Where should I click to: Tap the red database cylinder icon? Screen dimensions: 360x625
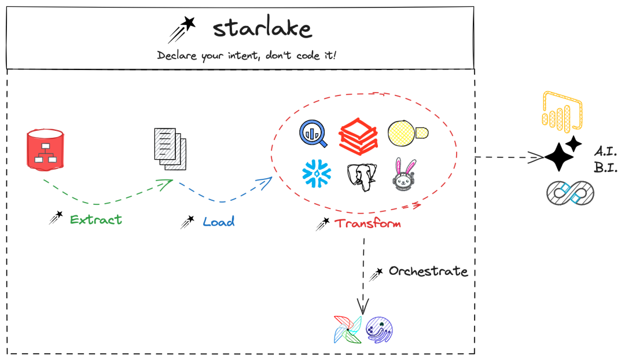click(x=45, y=150)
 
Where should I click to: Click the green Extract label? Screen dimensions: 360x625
click(x=96, y=220)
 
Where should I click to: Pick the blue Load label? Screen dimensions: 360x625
click(x=219, y=222)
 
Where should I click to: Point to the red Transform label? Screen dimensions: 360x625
click(x=369, y=223)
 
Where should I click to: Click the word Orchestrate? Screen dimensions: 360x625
click(x=428, y=271)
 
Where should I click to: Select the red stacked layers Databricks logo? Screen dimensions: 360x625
click(x=358, y=134)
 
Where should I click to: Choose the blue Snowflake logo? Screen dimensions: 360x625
click(x=317, y=173)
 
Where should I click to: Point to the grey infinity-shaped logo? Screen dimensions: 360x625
click(x=571, y=193)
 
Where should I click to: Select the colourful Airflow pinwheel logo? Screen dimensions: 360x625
click(x=348, y=330)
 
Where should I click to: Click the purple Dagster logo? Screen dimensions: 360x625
click(x=380, y=329)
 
